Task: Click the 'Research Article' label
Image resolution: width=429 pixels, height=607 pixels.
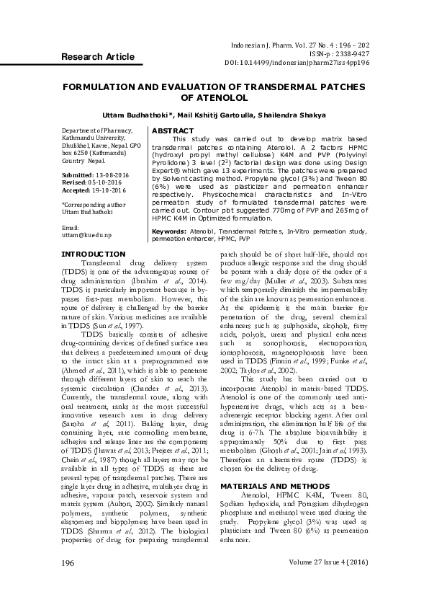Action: click(97, 56)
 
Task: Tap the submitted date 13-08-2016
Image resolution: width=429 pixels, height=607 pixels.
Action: click(108, 175)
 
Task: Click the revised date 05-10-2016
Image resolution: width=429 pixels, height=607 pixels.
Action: click(104, 182)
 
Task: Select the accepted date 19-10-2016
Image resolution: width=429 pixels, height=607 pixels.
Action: click(108, 190)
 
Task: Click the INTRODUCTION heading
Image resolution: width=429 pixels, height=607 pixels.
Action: click(94, 254)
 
